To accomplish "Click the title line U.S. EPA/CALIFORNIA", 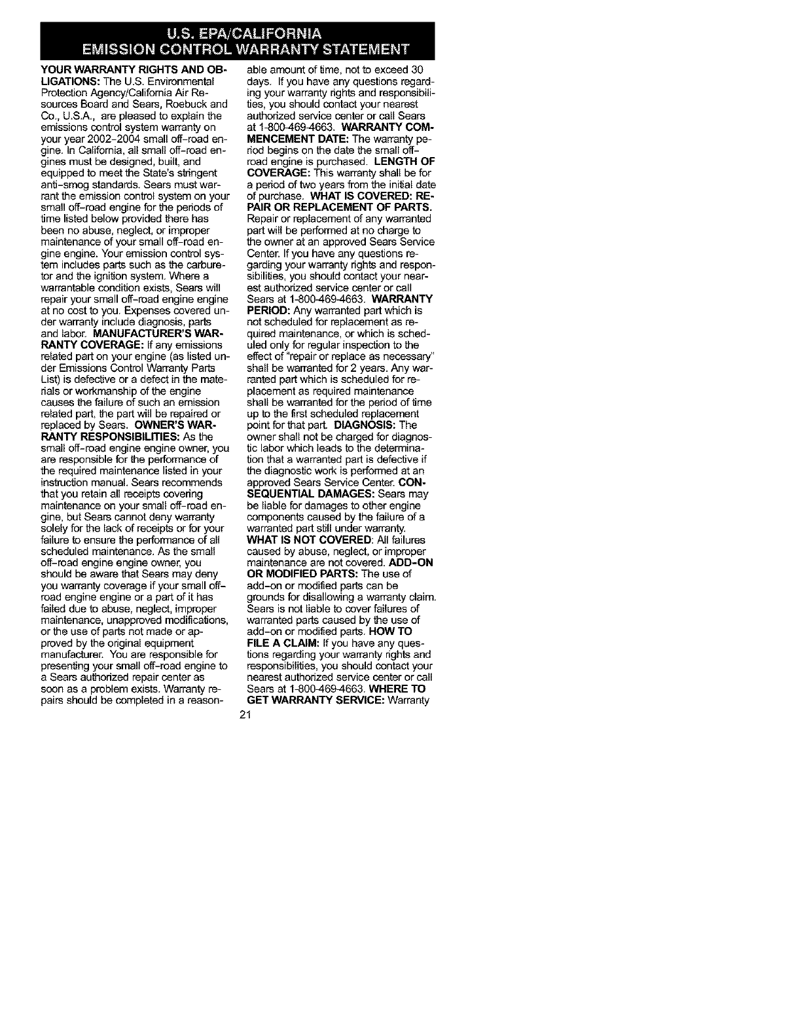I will (x=238, y=32).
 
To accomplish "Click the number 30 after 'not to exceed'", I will (x=418, y=70).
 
